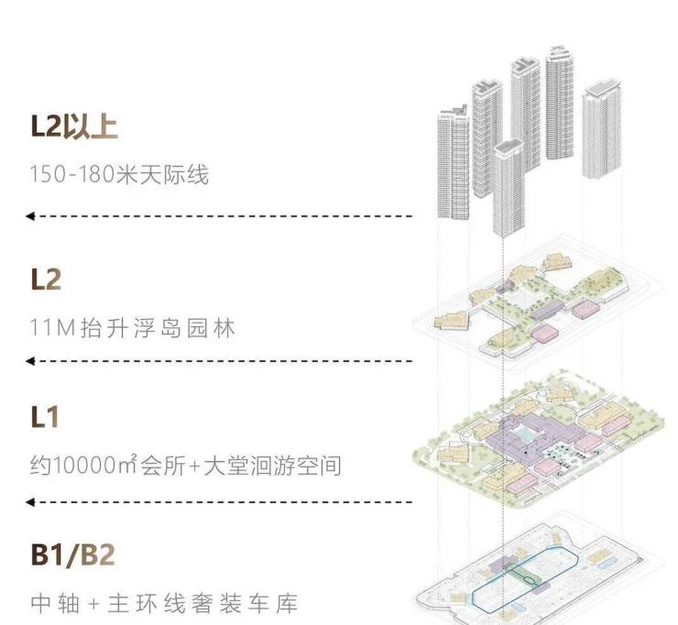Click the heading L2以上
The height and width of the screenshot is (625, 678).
(73, 126)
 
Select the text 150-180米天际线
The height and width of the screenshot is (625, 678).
(119, 174)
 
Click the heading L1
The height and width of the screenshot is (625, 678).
(45, 418)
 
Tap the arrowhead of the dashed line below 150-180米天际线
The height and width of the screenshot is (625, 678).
(30, 216)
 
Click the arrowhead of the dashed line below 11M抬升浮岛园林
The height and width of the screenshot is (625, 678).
(30, 361)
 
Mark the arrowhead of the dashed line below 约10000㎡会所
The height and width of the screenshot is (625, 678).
(30, 502)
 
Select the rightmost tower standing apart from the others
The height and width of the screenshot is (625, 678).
(602, 133)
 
